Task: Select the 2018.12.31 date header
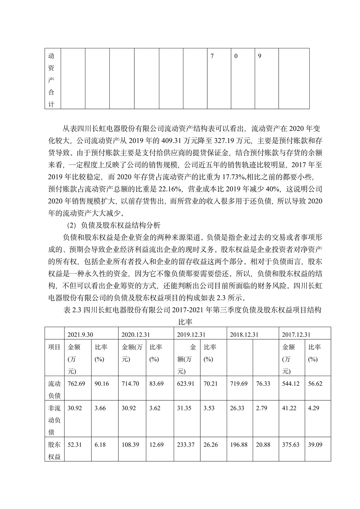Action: point(244,335)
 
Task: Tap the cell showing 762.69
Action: point(76,384)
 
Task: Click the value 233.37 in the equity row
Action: point(186,445)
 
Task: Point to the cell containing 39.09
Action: point(315,445)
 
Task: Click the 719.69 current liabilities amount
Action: point(239,384)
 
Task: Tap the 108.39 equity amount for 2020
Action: point(130,445)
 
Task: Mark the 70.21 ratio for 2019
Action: point(210,384)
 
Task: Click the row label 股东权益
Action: point(54,451)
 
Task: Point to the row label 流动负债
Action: point(54,390)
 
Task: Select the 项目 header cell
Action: point(54,347)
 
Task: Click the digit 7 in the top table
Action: point(212,56)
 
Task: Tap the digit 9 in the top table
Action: point(260,56)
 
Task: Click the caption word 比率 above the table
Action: point(185,322)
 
